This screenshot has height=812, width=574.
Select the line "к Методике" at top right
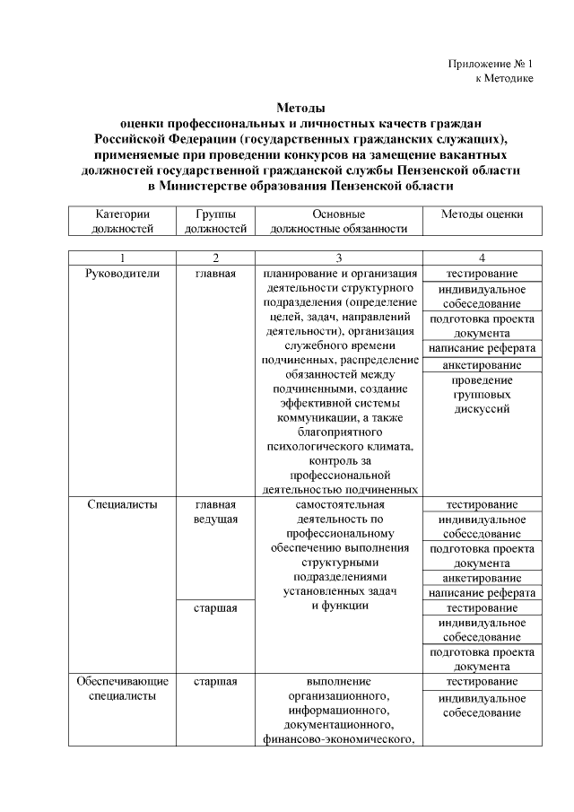[x=504, y=79]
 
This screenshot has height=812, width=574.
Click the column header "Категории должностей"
[x=122, y=222]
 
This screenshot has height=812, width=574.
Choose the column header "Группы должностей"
[x=215, y=222]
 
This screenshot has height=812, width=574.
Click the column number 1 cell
[x=122, y=258]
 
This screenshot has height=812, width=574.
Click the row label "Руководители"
[x=123, y=274]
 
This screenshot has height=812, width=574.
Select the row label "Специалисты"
[x=123, y=504]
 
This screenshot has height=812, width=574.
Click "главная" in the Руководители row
[x=215, y=274]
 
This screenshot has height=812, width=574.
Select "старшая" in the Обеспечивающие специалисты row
[x=215, y=682]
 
